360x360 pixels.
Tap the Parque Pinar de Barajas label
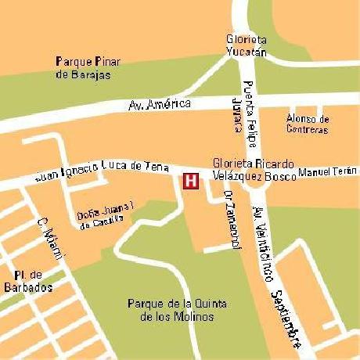pyautogui.click(x=88, y=68)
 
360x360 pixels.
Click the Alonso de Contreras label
pyautogui.click(x=308, y=124)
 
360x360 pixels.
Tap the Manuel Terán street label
pyautogui.click(x=328, y=171)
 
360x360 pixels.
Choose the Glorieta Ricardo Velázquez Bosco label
pyautogui.click(x=254, y=170)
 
